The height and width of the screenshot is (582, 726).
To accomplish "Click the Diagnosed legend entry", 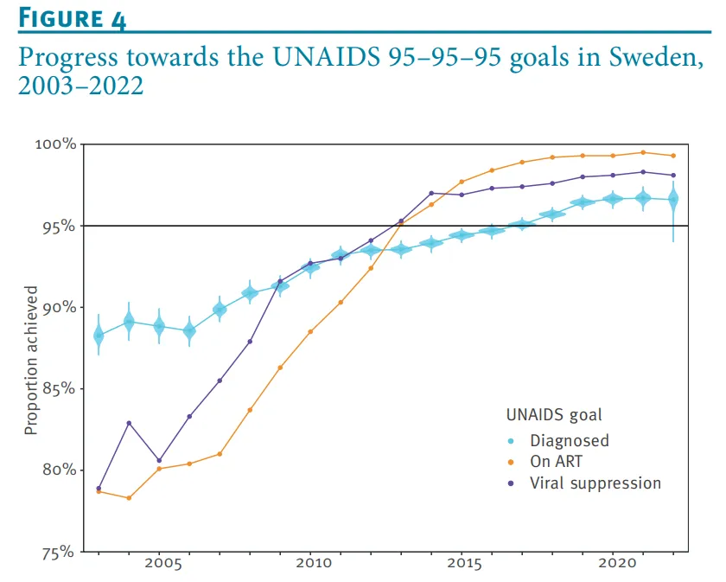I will click(570, 440).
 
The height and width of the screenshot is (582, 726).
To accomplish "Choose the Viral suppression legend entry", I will click(595, 483).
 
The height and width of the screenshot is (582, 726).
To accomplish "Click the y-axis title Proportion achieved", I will click(31, 364).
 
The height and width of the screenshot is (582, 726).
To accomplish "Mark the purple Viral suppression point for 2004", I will click(129, 423).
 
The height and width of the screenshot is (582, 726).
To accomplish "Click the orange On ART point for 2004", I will click(129, 498).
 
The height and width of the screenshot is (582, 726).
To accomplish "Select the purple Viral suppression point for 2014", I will click(431, 193).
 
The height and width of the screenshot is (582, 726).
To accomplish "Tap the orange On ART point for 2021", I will click(643, 152).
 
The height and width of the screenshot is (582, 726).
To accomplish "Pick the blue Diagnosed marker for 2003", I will click(99, 336).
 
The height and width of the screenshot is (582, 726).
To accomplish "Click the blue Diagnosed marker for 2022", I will click(673, 200).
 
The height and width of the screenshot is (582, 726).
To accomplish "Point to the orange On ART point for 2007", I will click(220, 454).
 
